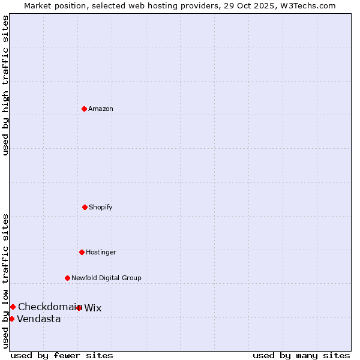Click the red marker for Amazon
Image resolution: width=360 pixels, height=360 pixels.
[x=84, y=109]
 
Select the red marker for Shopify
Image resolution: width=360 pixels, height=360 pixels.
[x=85, y=207]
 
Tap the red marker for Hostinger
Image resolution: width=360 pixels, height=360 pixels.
[x=82, y=252]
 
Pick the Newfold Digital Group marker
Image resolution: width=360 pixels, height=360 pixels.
[x=67, y=278]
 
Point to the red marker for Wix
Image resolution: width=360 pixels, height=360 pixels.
[x=79, y=308]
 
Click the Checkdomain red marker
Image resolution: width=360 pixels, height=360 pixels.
[x=13, y=307]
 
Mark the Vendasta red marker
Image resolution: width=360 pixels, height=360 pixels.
[x=11, y=319]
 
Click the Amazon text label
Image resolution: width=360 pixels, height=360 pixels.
[x=101, y=109]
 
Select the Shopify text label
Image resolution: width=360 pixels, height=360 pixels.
[x=101, y=207]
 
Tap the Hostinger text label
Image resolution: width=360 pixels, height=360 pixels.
[x=101, y=252]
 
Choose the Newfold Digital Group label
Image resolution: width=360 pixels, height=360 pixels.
[x=106, y=278]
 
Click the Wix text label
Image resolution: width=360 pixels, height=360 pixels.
[x=93, y=308]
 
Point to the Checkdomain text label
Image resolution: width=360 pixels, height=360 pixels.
[x=49, y=307]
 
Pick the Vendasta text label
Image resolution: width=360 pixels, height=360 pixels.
[x=39, y=319]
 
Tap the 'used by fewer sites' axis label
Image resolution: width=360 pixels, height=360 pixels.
[x=62, y=355]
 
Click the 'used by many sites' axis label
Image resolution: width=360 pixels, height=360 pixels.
[x=301, y=355]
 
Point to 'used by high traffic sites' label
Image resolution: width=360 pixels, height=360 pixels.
[x=5, y=85]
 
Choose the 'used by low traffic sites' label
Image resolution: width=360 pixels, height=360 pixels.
[x=5, y=281]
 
